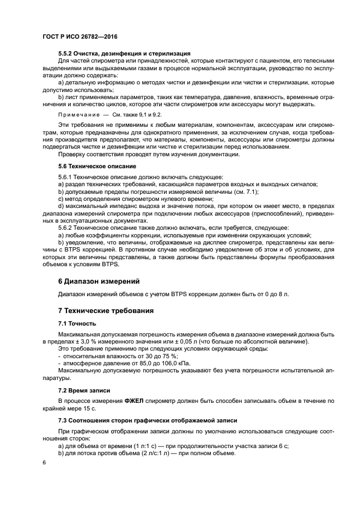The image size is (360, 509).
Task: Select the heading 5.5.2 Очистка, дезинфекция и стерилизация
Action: coord(124,53)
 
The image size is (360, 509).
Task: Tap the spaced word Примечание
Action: coord(77,115)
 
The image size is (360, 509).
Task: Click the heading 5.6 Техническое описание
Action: coord(97,165)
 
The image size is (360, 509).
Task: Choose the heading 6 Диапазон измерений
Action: coord(99,281)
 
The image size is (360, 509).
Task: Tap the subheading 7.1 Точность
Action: coord(77,323)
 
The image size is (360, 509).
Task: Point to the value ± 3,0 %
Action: coord(86,341)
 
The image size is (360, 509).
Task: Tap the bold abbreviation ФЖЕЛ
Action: coord(134,401)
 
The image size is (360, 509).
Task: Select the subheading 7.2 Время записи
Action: coord(84,391)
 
